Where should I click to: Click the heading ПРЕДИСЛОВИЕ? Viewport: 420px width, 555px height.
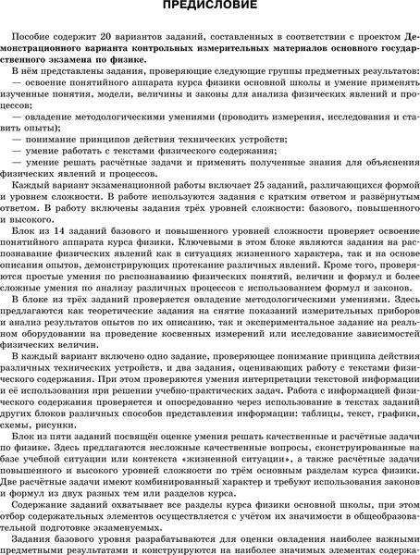point(210,7)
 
